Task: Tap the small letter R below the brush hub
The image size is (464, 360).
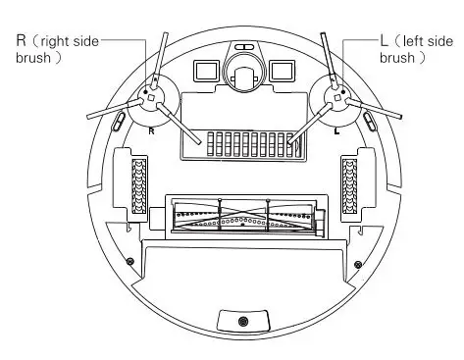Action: [150, 129]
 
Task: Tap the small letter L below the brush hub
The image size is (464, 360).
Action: [335, 129]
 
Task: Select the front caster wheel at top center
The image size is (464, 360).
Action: [242, 74]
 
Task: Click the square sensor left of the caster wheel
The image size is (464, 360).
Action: [206, 72]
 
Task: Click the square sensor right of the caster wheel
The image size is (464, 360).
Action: [281, 72]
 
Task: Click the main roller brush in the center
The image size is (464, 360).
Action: [242, 216]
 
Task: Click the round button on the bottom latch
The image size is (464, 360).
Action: [243, 323]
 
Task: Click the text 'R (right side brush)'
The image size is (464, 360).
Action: [54, 49]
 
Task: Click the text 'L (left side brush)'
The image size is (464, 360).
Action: [416, 49]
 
